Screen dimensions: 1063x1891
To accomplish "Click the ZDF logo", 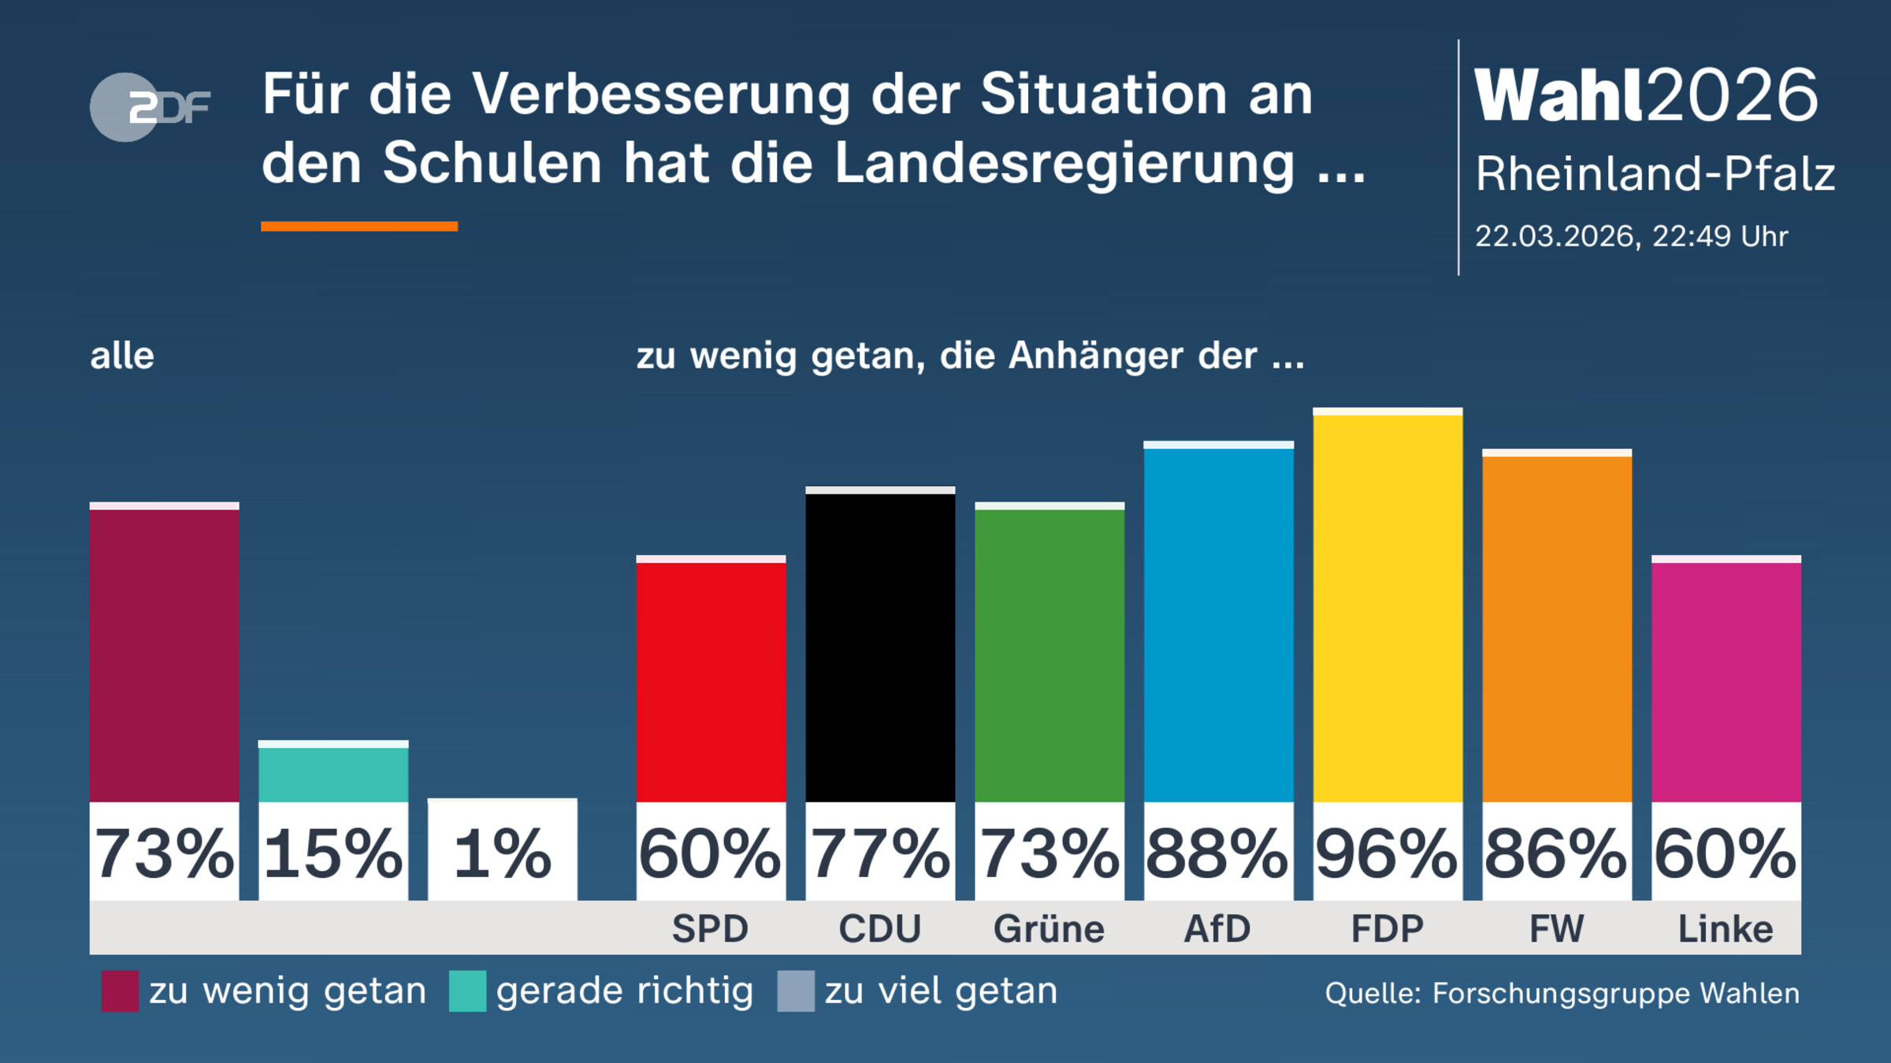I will click(150, 107).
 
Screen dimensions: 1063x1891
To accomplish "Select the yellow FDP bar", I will click(1388, 606).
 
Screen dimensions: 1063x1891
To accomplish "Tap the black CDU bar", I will click(880, 646).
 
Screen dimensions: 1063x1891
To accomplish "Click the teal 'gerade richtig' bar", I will click(333, 772).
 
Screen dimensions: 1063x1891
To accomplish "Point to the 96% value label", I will click(1388, 854).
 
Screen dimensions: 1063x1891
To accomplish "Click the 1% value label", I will click(503, 854).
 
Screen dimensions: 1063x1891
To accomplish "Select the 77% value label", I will click(880, 854).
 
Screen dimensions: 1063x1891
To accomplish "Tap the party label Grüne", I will click(1049, 929).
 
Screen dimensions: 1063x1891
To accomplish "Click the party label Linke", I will click(1726, 929).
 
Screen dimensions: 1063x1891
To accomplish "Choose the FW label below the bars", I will click(1556, 929).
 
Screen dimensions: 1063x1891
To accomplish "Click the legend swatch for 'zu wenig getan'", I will click(120, 991).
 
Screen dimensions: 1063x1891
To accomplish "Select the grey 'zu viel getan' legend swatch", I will click(795, 991).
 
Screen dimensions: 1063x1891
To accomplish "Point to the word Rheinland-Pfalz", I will click(1655, 173).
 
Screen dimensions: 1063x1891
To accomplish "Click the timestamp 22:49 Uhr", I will click(1719, 236).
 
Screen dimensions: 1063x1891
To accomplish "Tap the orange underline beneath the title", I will click(359, 227).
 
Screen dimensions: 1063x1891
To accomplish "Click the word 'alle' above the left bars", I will click(122, 356).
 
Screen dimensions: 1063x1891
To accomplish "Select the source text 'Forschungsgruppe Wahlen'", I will click(1615, 994).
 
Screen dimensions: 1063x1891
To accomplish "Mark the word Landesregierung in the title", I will click(1064, 164).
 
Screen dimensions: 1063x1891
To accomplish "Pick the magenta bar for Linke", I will click(1726, 681).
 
